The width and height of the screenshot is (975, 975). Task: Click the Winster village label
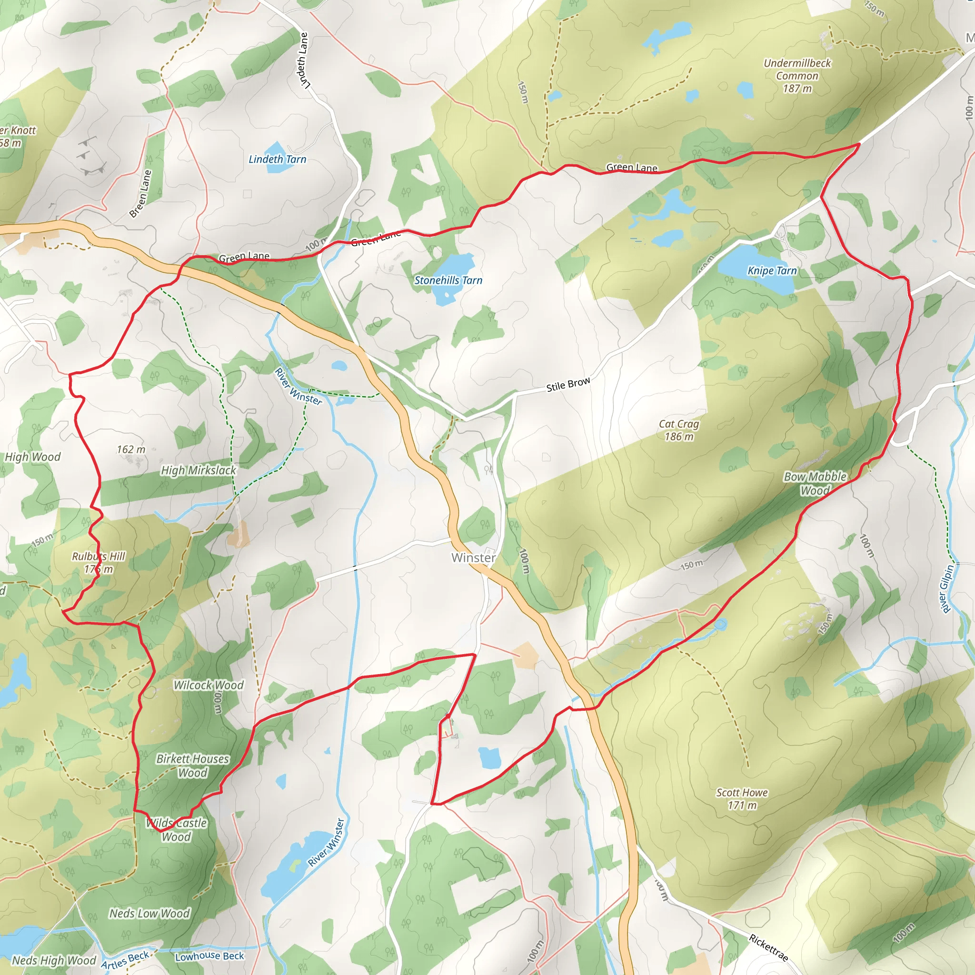point(473,557)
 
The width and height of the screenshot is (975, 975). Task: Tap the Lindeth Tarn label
point(277,159)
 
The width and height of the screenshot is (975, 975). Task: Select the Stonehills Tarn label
point(448,280)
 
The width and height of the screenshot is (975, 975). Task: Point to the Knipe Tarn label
point(772,271)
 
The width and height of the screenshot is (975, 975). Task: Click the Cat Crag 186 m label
point(679,430)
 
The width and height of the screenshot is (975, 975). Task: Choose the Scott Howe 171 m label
point(742,799)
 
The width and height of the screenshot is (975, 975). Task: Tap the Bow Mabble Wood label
point(815,484)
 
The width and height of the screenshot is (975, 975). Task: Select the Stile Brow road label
point(568,385)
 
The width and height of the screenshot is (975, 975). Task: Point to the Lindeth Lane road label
point(303,60)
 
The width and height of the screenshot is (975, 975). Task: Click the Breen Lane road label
point(140,194)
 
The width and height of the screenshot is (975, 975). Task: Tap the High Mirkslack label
point(199,470)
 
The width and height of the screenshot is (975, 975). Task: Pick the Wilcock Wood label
point(209,686)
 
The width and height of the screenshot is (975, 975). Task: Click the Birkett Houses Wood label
point(192,766)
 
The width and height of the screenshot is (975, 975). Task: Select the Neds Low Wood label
point(149,914)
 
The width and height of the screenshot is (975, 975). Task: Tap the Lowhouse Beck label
point(209,956)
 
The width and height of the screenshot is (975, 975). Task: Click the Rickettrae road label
point(768,948)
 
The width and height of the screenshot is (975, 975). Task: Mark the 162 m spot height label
point(131,449)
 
